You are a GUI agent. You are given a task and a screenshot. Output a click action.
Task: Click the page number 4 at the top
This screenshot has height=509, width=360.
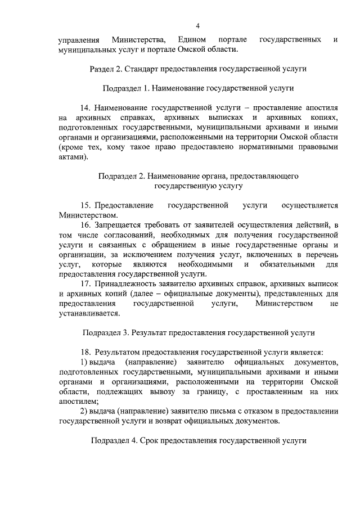[x=197, y=25]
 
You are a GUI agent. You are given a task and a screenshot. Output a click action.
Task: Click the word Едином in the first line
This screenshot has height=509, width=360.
[x=191, y=39]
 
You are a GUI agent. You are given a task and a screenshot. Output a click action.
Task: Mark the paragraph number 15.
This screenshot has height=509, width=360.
[x=86, y=205]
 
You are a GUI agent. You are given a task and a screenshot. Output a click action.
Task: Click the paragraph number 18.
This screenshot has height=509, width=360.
[x=86, y=352]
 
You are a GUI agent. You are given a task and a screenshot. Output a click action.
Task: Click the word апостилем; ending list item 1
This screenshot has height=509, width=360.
[x=78, y=401]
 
